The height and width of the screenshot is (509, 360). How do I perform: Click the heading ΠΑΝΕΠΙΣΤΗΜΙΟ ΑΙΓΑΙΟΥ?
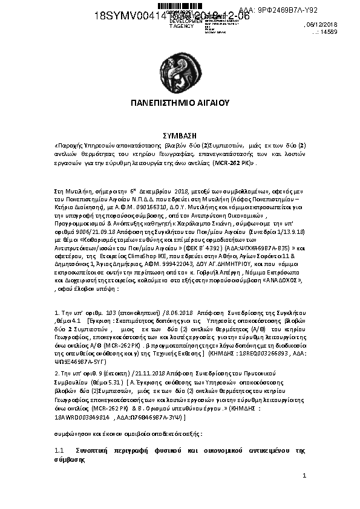(180, 103)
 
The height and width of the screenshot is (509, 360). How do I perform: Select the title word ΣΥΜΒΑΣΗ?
(180, 137)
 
